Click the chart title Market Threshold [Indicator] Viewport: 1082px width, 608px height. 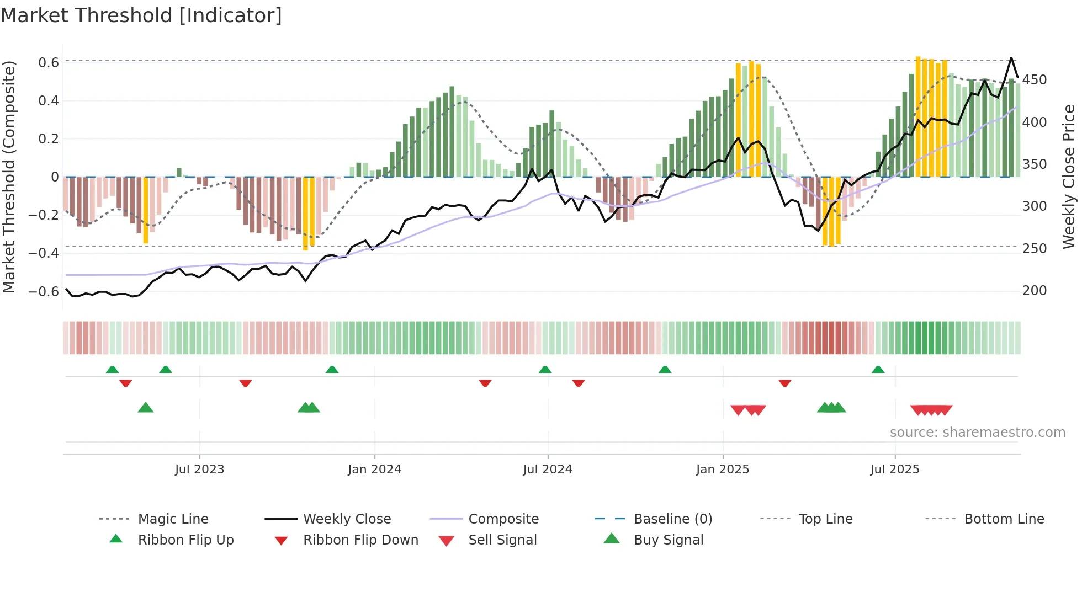click(141, 15)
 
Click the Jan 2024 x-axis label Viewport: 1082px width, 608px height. click(374, 470)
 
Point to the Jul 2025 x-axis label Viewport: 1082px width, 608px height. click(894, 470)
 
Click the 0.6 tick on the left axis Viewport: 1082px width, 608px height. click(49, 63)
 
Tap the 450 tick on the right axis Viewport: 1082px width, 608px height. click(1034, 80)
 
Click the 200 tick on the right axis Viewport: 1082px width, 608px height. click(1034, 291)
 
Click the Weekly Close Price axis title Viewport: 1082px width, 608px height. click(1069, 177)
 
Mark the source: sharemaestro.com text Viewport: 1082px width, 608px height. click(977, 433)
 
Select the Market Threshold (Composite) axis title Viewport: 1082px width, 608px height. click(9, 177)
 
